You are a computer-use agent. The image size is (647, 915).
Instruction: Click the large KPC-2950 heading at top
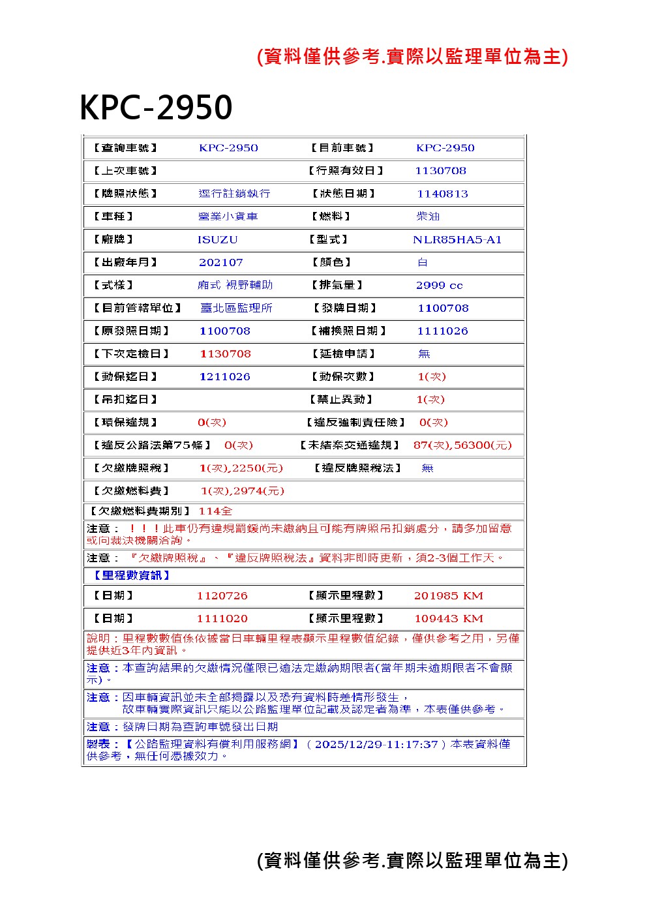pos(156,108)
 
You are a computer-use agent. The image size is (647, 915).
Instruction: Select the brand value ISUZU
pos(218,240)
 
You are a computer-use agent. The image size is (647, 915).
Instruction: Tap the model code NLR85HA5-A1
pos(457,240)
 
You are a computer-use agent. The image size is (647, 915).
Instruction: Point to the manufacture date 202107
pos(221,263)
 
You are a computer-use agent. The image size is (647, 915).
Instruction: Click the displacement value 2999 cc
pos(439,286)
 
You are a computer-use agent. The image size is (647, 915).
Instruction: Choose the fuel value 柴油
pos(428,217)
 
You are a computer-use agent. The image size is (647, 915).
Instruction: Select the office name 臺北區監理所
pos(236,308)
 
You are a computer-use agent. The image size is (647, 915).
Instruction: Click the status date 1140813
pos(442,194)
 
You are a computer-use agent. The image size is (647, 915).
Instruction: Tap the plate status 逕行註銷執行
pos(234,194)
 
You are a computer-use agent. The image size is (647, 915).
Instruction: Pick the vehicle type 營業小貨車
pos(228,217)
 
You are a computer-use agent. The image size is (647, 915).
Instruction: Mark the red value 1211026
pos(224,377)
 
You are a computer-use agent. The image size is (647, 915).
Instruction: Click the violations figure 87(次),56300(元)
pos(462,445)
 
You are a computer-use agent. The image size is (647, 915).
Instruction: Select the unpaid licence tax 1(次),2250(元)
pos(241,468)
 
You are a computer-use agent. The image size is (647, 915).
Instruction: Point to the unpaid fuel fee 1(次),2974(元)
pos(242,491)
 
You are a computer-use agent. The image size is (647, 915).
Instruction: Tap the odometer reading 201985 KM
pos(448,596)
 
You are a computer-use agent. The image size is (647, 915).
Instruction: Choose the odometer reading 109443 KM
pos(448,619)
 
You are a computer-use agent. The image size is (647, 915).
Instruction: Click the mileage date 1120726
pos(222,596)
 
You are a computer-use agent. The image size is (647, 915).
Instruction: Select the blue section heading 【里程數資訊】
pos(128,575)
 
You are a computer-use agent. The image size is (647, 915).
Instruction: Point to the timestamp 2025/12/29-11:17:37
pos(376,745)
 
